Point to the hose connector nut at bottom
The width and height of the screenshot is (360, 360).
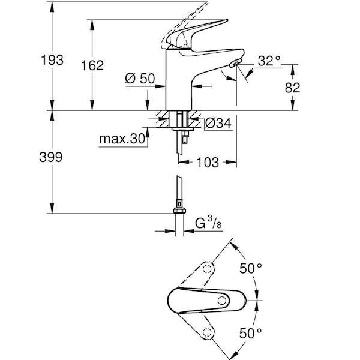[179, 211]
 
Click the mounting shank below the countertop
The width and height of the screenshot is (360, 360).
[179, 123]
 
